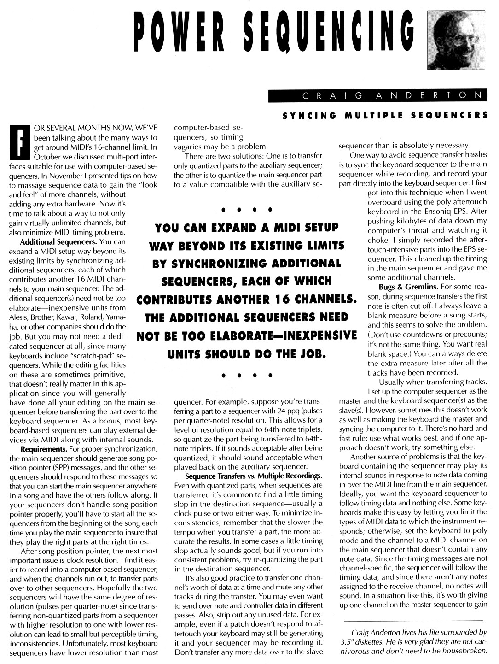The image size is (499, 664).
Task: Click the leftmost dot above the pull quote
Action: point(223,210)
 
